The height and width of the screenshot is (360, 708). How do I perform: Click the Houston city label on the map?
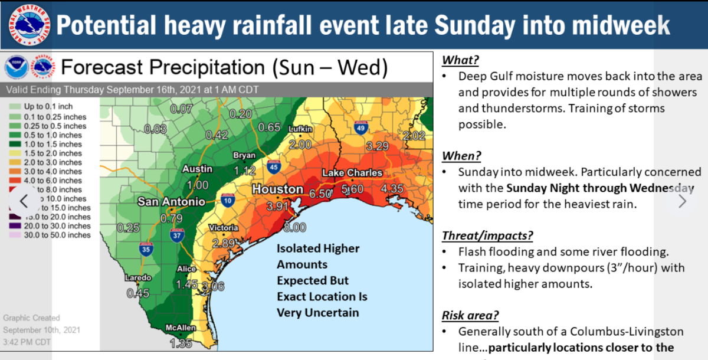click(x=278, y=189)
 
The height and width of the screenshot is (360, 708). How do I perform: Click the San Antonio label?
click(x=171, y=202)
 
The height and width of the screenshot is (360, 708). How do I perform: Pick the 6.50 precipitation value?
click(x=320, y=193)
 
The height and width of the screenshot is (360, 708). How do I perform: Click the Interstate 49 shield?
click(x=360, y=128)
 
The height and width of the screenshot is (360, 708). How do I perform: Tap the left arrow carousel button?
click(x=24, y=201)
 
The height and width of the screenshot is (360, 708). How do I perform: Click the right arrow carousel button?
click(x=683, y=201)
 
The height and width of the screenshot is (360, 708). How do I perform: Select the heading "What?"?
click(x=460, y=60)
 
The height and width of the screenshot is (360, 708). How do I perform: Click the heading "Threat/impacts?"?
click(x=487, y=235)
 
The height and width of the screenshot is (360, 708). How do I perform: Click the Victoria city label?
click(x=224, y=228)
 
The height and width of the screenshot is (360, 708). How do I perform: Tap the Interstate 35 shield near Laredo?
click(x=146, y=250)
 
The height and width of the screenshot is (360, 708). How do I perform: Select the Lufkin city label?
click(x=300, y=129)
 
